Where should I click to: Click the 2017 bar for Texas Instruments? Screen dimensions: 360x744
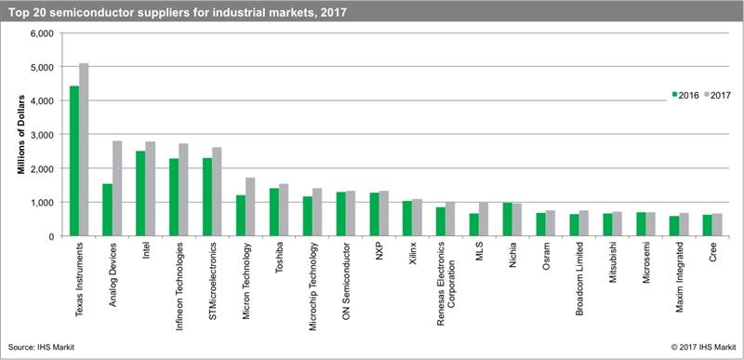click(x=85, y=149)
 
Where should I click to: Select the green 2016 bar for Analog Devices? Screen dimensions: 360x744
click(x=107, y=209)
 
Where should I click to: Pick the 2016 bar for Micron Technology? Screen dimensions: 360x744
click(x=240, y=216)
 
